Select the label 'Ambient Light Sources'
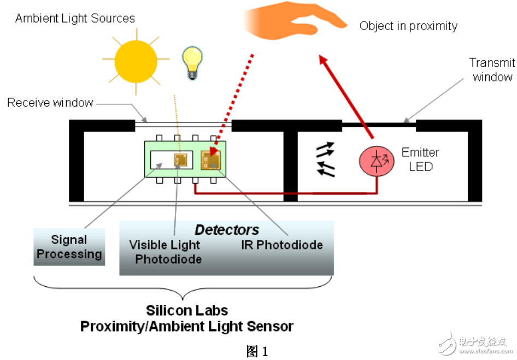coord(75,19)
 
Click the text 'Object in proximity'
coord(408,26)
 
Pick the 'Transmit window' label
coord(492,70)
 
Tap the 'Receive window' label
coord(50,103)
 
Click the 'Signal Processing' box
coord(69,247)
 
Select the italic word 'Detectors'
coord(227,230)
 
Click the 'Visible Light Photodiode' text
coord(164,252)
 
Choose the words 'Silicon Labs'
coord(187,311)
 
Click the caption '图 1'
coord(257,351)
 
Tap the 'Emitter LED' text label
coord(420,159)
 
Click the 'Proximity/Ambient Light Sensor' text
coord(187,327)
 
